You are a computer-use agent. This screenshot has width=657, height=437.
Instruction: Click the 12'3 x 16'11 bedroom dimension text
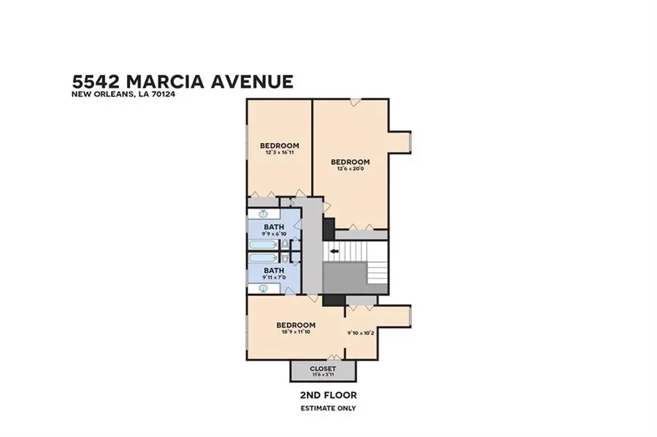pos(280,152)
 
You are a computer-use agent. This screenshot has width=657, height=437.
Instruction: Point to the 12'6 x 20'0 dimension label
pos(350,169)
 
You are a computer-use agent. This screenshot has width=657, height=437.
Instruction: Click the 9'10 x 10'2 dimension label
pos(361,333)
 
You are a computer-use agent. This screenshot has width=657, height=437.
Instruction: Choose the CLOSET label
pos(323,368)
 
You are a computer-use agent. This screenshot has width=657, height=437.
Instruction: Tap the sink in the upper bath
pos(262,214)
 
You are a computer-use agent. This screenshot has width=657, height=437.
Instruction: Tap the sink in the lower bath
pos(262,288)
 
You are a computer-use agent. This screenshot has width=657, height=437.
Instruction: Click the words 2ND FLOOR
pos(328,395)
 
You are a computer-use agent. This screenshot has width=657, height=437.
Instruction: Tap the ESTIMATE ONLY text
pos(328,408)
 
